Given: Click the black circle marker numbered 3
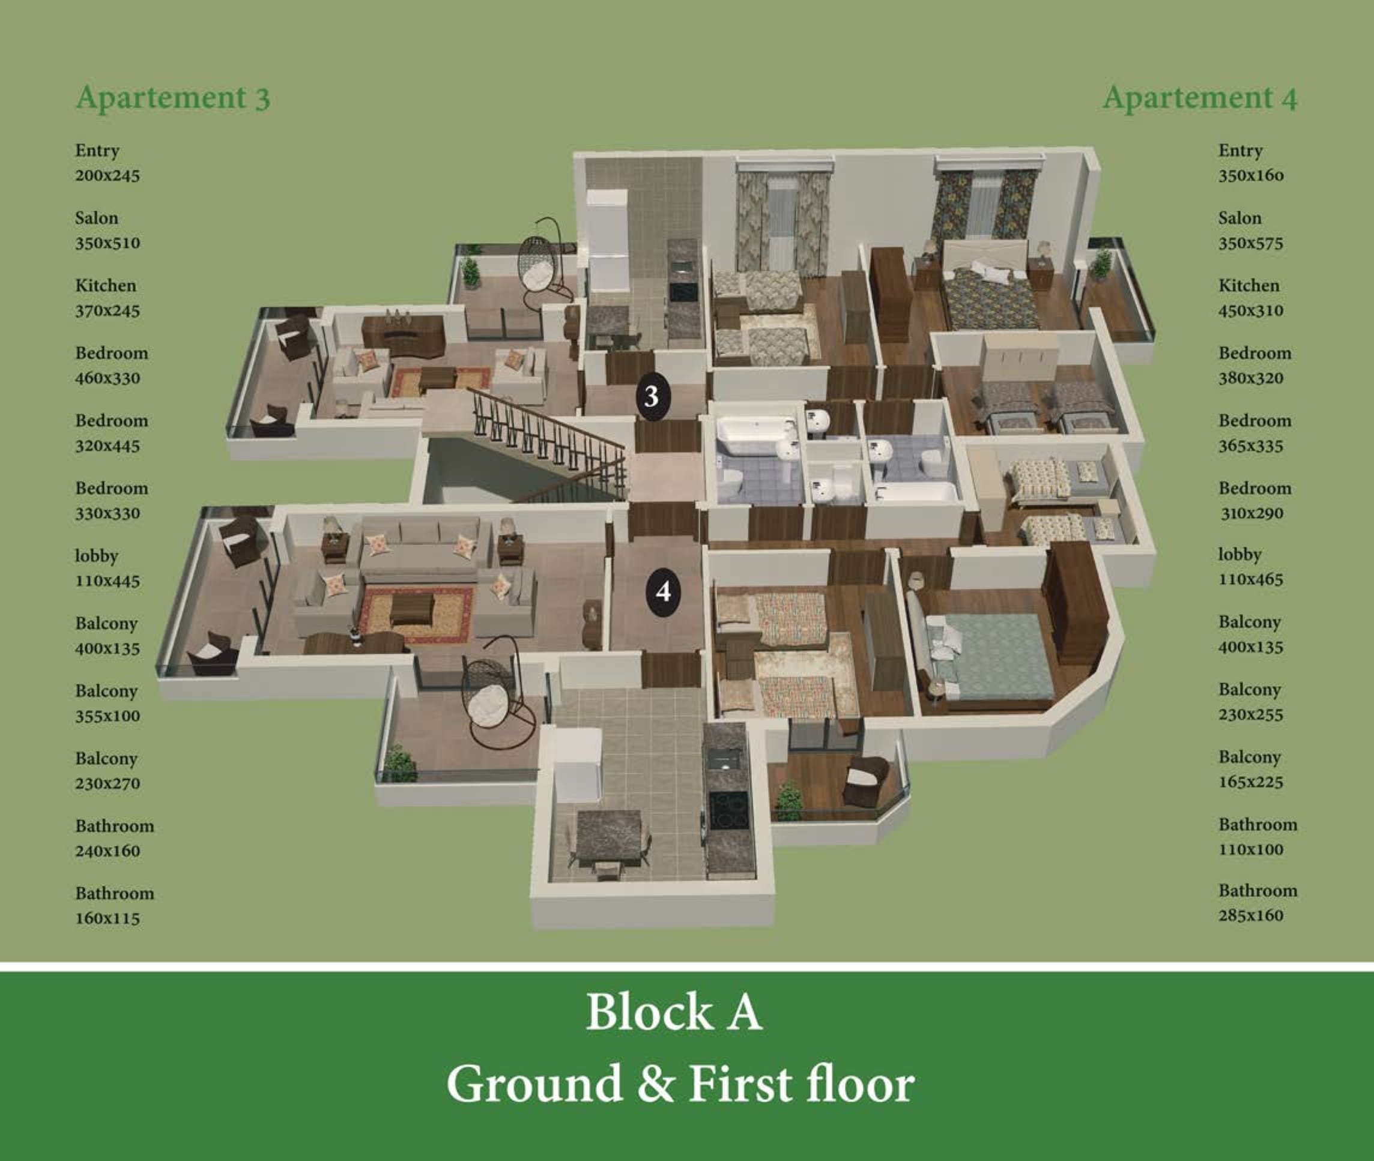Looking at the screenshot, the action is [x=652, y=396].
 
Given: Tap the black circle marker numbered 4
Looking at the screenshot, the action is [x=664, y=592].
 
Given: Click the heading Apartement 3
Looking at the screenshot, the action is [x=173, y=98].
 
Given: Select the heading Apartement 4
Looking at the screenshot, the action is [x=1199, y=98].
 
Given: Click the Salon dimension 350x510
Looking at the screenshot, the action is [x=107, y=243].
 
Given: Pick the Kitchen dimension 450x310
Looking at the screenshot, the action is [x=1251, y=310].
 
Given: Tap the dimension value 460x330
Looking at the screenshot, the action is [x=107, y=378].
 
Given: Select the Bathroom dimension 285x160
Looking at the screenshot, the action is [x=1251, y=915].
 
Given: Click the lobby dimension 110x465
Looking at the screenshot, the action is [x=1251, y=579].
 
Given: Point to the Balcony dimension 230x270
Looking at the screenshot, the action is [x=107, y=783].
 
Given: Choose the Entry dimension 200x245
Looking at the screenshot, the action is [x=107, y=176].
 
